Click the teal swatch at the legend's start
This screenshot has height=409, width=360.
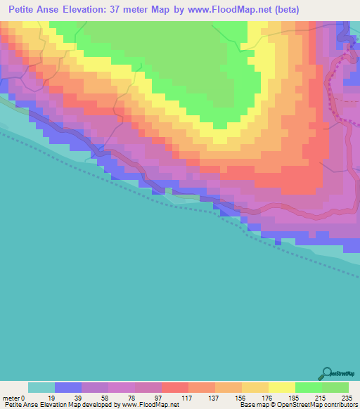click(41, 387)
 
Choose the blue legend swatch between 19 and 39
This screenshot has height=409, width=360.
click(68, 387)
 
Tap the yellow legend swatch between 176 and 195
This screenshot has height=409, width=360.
click(282, 387)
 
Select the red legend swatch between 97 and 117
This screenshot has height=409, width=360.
click(175, 387)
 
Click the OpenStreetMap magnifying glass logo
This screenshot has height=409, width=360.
click(326, 373)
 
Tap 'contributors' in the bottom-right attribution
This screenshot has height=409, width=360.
click(340, 405)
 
